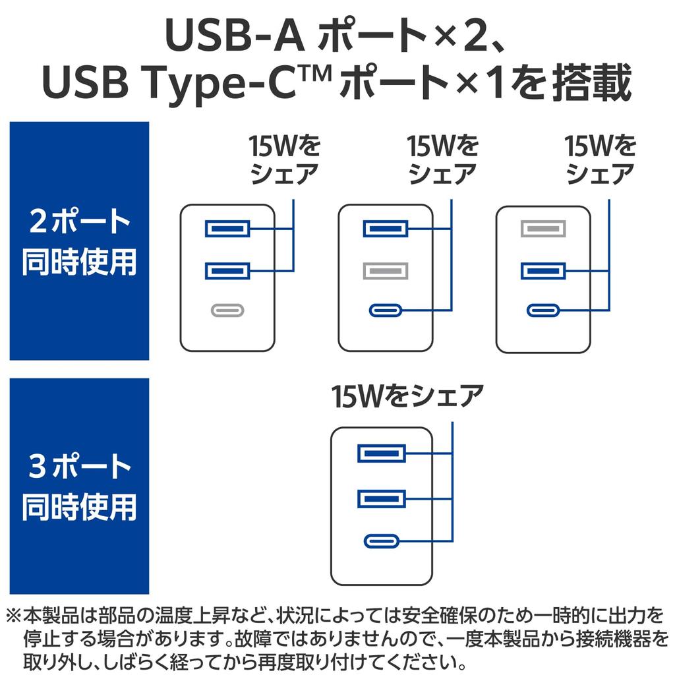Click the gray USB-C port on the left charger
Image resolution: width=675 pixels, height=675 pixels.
click(227, 310)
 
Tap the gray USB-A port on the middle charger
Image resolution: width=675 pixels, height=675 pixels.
click(386, 270)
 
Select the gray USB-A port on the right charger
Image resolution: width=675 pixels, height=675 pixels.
click(543, 229)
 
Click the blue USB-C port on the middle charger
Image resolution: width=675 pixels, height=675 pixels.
click(386, 310)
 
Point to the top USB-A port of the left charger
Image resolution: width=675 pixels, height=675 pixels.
click(227, 229)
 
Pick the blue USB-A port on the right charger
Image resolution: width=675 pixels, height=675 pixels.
click(543, 270)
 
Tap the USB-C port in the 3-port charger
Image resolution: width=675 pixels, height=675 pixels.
click(382, 541)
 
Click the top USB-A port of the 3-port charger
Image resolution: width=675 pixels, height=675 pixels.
click(382, 454)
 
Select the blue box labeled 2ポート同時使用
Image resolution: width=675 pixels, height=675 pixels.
click(79, 241)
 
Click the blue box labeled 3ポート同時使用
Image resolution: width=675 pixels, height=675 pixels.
click(79, 486)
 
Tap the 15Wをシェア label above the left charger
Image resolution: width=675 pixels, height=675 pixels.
click(284, 160)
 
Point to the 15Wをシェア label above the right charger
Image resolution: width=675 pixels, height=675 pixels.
click(601, 160)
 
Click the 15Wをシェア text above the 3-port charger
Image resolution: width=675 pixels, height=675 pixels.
click(408, 396)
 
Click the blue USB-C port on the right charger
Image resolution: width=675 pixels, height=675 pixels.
click(543, 310)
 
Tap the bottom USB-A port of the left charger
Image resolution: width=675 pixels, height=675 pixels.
click(227, 270)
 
